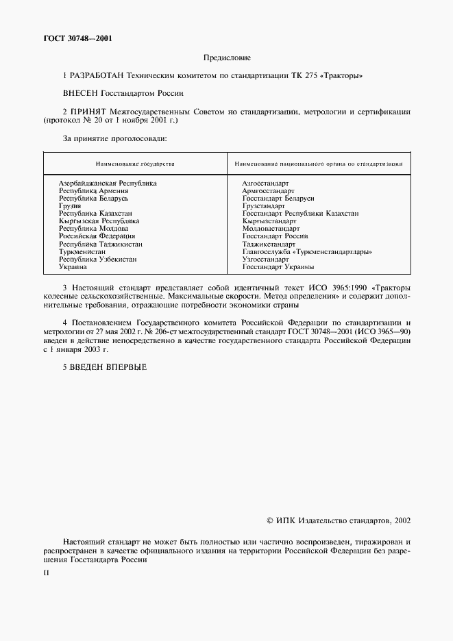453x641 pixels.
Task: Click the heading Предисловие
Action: point(226,58)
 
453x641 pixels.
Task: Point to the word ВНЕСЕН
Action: point(80,92)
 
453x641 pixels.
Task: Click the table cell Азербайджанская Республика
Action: point(108,184)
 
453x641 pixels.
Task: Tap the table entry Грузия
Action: point(70,206)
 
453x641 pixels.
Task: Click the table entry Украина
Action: point(73,267)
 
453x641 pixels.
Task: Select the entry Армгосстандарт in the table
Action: point(268,191)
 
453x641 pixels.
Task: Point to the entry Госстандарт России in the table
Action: point(275,236)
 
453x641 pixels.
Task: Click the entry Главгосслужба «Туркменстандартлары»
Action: point(307,252)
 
